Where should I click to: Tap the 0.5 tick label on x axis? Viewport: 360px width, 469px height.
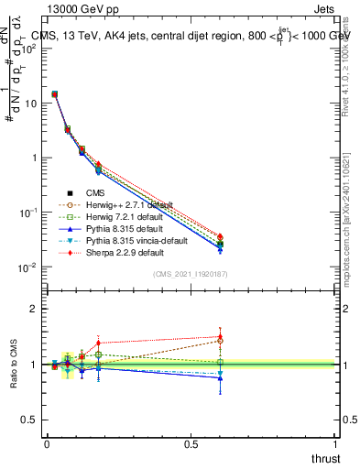tap(191, 443)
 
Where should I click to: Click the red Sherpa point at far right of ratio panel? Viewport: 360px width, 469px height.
tap(220, 336)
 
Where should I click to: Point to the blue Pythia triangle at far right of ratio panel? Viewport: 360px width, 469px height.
tap(220, 378)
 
